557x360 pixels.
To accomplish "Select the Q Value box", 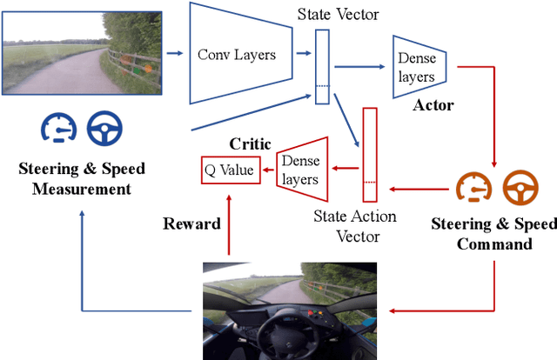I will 229,170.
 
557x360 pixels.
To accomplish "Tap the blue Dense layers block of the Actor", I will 418,63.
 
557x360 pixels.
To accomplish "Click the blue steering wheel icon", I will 104,128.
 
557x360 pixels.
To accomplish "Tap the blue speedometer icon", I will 56,128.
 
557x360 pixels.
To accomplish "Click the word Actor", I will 433,106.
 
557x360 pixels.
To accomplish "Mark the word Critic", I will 250,143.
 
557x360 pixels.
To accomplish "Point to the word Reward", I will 191,224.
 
